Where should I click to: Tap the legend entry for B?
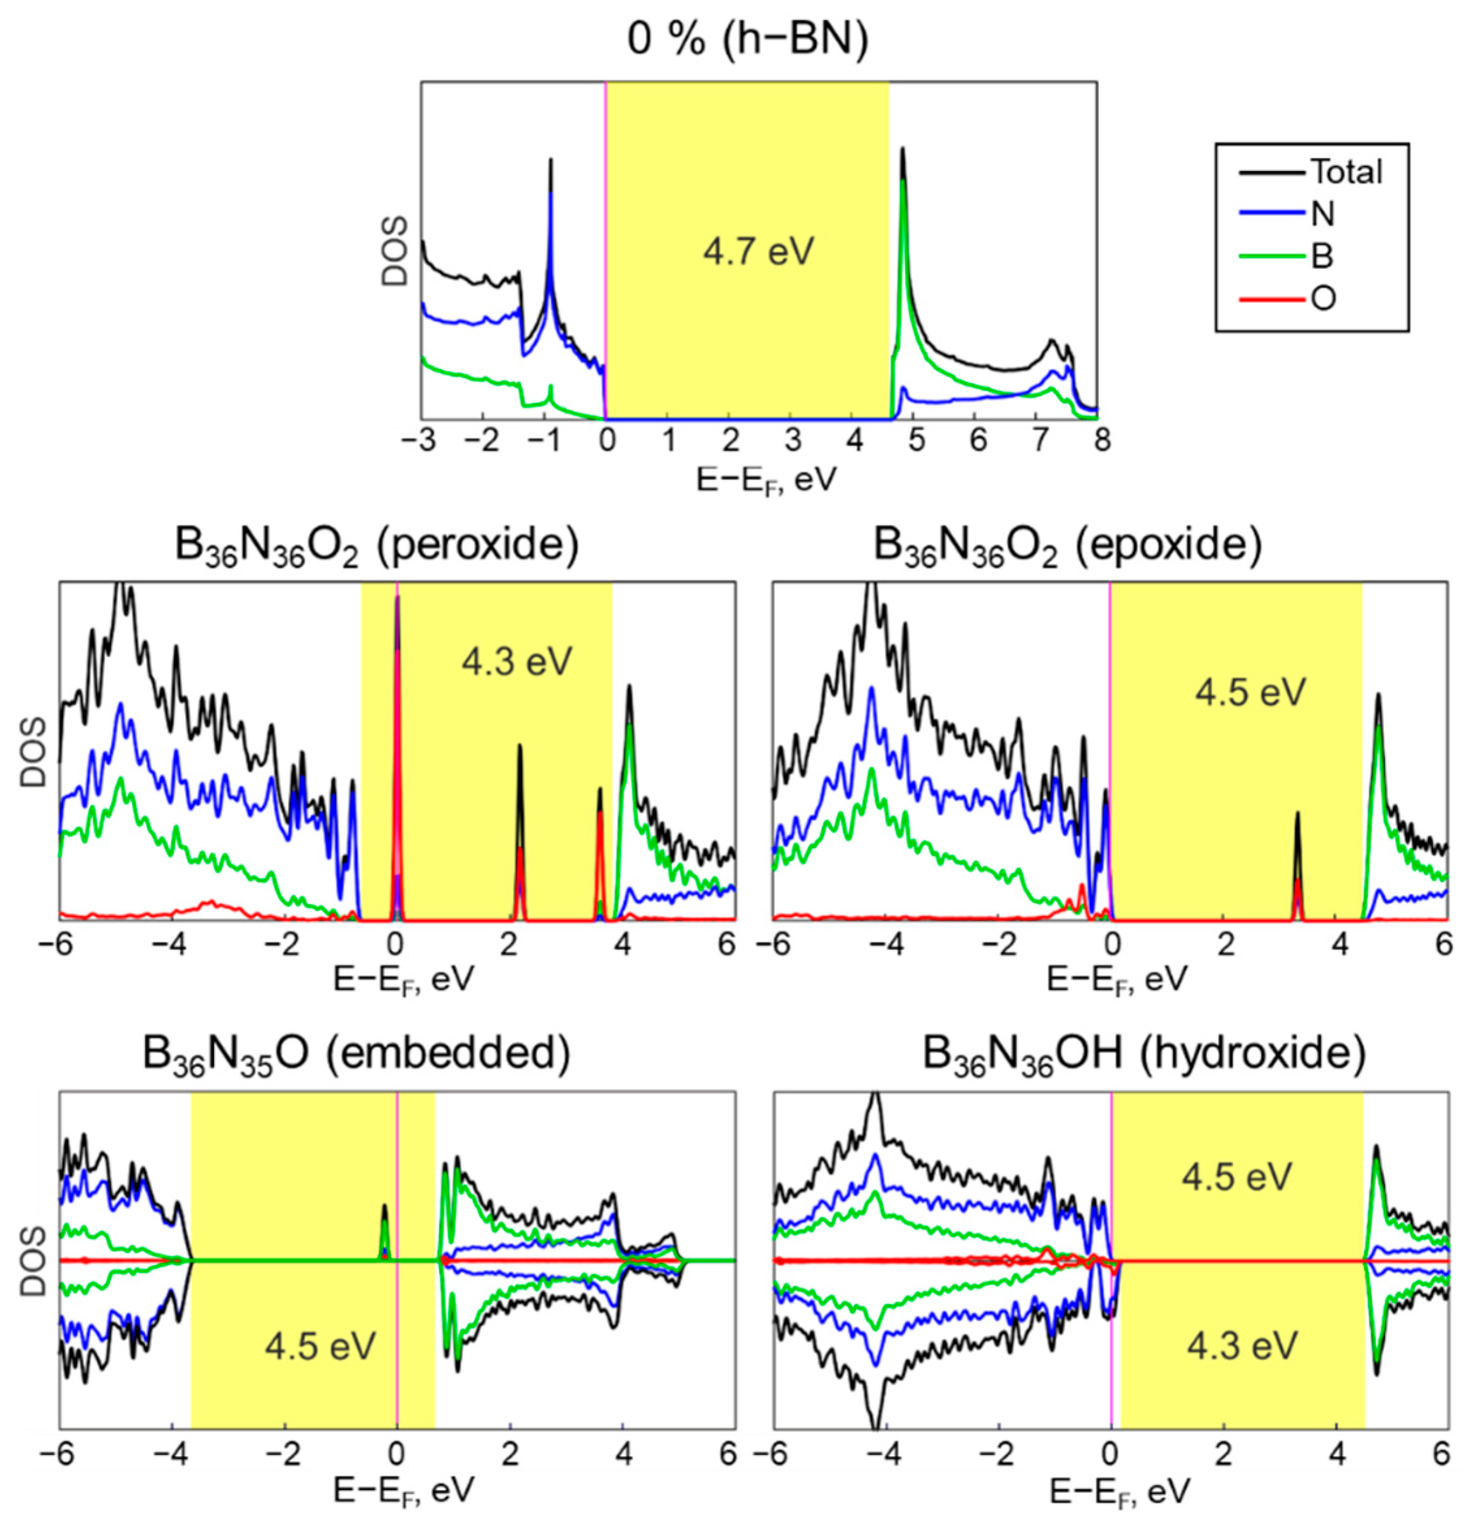point(1322,256)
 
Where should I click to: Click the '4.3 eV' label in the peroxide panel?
point(517,662)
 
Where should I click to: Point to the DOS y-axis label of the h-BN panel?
point(397,251)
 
